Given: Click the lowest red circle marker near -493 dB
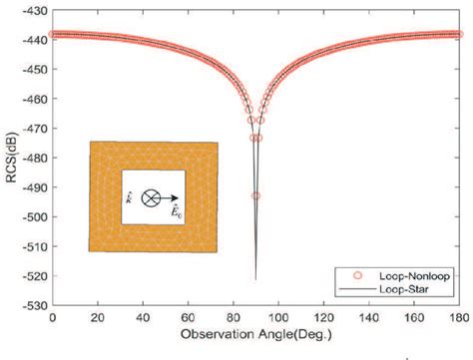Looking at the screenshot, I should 255,195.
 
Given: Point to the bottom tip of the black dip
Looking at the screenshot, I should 255,280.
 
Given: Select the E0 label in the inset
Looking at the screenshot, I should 173,212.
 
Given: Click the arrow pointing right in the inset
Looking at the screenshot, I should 171,197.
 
